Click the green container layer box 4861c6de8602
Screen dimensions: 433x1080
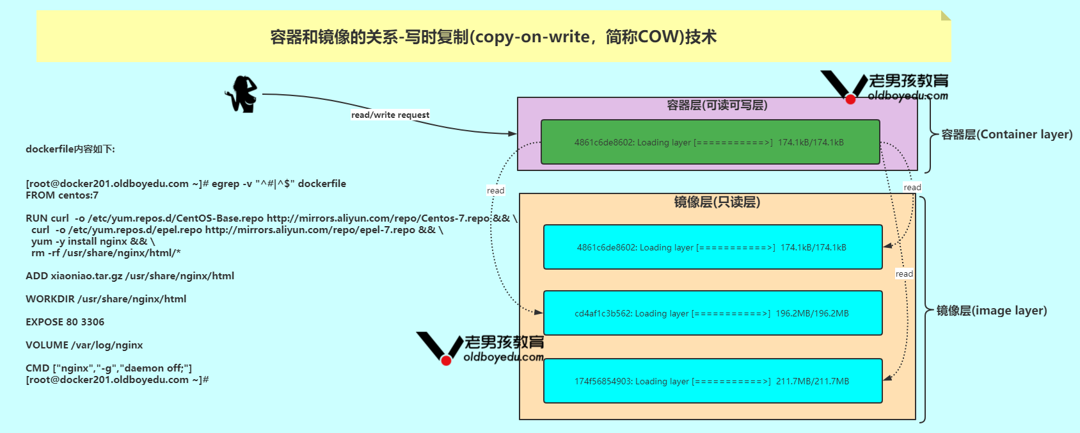710,142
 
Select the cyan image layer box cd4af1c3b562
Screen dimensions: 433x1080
712,313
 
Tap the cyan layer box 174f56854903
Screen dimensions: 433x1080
712,381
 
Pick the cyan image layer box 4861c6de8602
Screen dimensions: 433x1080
712,247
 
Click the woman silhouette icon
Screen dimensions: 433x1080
242,94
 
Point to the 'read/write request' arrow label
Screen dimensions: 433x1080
390,115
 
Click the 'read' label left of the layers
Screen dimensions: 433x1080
495,191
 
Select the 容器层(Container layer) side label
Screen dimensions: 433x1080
1006,135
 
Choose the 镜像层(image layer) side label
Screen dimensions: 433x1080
992,311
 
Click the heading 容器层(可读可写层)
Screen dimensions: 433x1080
717,105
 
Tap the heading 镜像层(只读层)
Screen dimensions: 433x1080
717,202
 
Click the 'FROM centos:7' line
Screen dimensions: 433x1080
62,195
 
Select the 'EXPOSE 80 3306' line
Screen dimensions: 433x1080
65,322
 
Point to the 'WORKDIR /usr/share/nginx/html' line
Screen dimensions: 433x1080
106,299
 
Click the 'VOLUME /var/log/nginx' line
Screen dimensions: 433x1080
84,345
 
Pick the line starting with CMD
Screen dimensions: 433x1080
109,368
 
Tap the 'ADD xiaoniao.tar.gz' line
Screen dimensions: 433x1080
130,276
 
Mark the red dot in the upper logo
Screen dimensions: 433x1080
850,99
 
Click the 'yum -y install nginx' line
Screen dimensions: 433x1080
93,241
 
